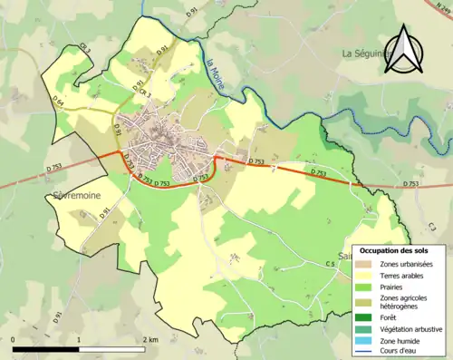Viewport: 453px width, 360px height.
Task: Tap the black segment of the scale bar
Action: point(46,347)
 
